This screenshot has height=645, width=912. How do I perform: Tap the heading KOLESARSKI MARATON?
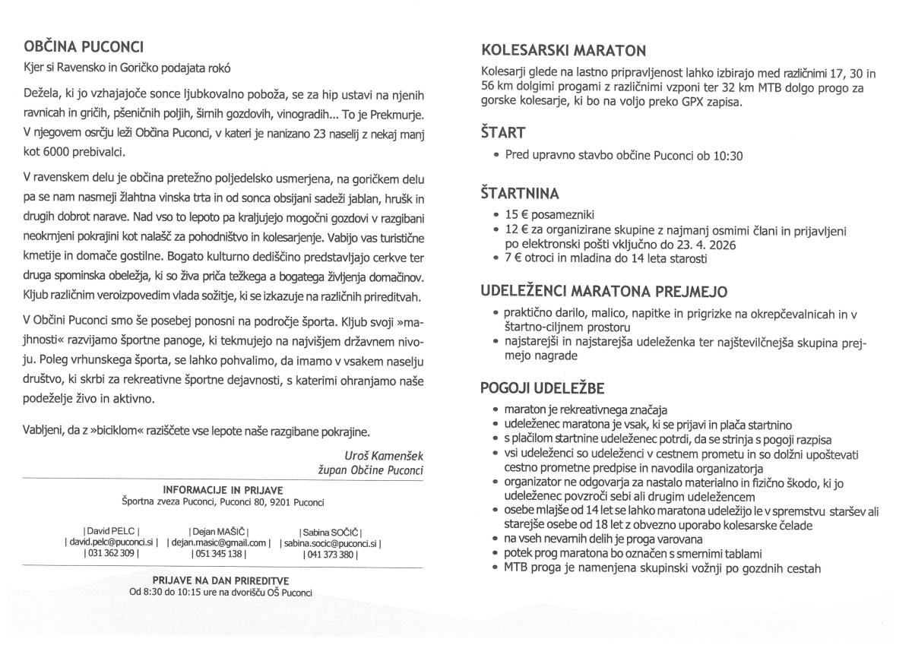[564, 51]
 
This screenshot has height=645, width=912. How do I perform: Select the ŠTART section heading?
[503, 133]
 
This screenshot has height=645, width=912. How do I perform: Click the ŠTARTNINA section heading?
[520, 193]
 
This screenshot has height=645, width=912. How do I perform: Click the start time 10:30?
[728, 157]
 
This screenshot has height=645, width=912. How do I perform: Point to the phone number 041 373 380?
[331, 554]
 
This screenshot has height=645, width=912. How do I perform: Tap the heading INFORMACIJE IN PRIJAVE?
[223, 490]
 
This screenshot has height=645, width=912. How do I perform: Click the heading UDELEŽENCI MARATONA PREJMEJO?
[604, 292]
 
